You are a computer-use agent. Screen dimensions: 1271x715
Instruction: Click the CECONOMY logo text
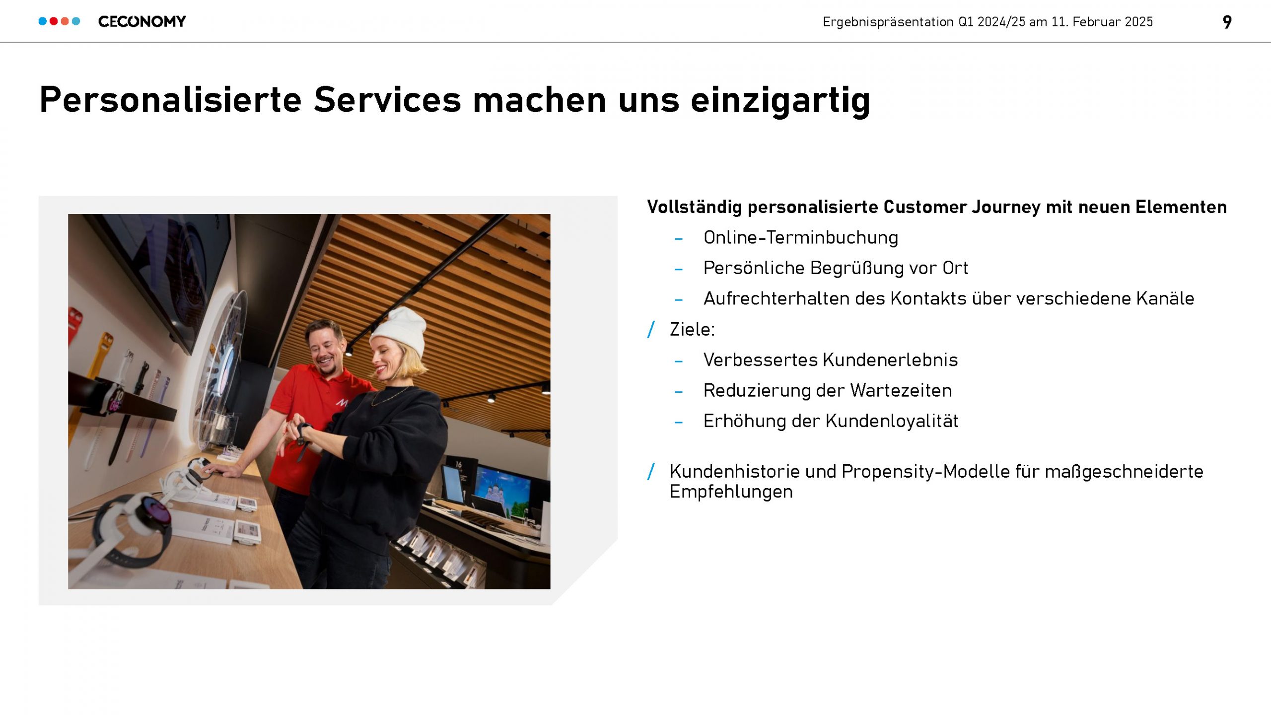click(142, 21)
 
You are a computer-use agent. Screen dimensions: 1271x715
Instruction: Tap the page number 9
click(1227, 22)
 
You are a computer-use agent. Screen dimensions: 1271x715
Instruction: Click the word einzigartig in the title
click(780, 101)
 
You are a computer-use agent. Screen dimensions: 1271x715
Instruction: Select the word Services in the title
click(387, 99)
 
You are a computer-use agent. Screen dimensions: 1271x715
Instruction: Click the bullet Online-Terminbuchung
click(801, 238)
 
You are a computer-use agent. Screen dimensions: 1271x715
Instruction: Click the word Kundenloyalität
click(892, 421)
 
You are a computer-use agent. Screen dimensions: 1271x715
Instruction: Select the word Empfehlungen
click(731, 492)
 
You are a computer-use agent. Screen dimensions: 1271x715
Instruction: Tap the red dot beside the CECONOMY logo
click(54, 21)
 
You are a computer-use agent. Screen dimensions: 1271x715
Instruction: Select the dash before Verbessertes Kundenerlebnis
click(679, 361)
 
